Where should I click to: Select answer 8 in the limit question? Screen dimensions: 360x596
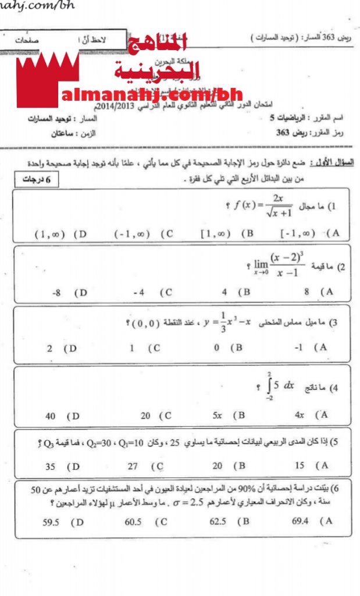[309, 292]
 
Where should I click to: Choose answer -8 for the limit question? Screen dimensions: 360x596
[56, 293]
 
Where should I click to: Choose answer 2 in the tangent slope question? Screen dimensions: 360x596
[50, 349]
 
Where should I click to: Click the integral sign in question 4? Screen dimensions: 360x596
[270, 386]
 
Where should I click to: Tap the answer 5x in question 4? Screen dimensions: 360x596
[218, 415]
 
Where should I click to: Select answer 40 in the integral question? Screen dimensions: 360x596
[51, 416]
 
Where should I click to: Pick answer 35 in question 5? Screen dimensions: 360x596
[51, 466]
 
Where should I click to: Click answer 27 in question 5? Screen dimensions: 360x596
[133, 466]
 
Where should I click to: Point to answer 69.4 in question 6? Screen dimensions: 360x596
[301, 521]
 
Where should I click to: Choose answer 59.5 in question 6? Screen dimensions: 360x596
[52, 521]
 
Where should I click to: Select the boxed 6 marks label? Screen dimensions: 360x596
[36, 180]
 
